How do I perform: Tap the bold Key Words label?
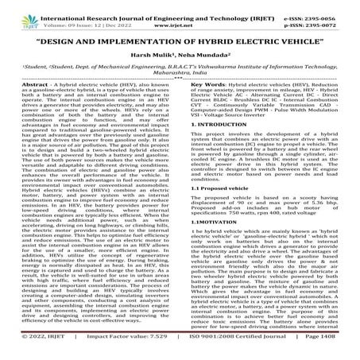[205, 105]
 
